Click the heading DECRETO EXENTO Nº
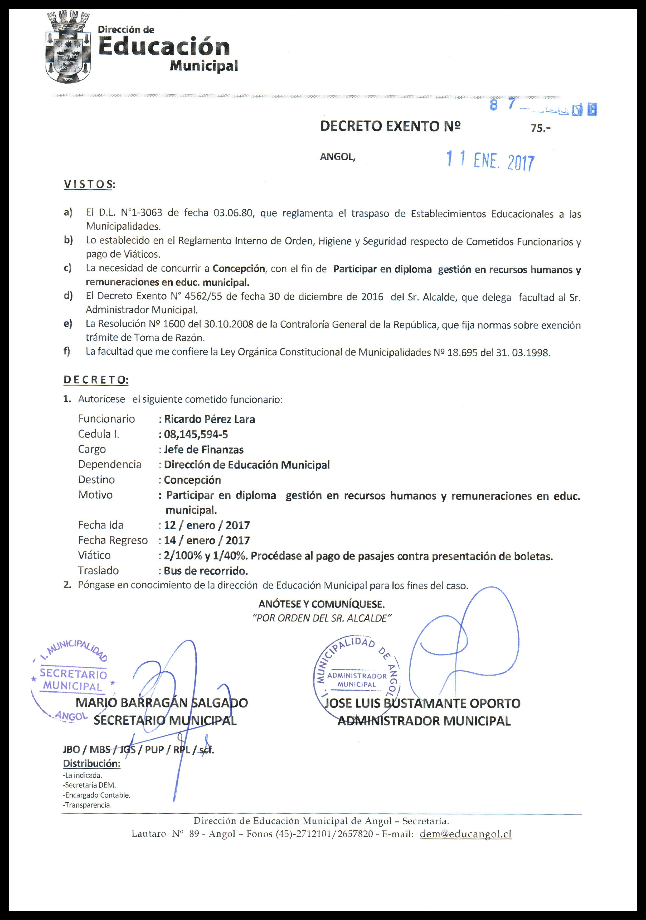391,127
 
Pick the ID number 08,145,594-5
196,434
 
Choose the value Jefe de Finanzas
203,450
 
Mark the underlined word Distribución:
92,763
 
